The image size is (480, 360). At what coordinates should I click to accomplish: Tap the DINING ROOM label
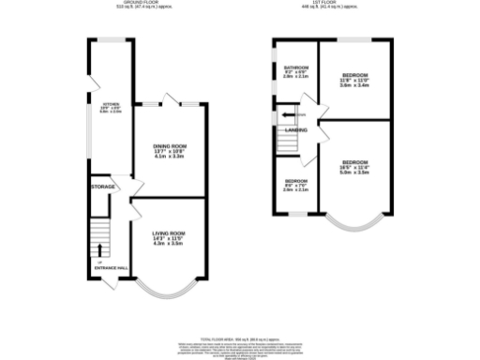point(168,146)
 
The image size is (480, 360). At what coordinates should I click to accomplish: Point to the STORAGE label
point(103,187)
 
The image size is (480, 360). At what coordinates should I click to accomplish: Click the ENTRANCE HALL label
point(112,269)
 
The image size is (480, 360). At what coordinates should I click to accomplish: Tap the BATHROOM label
point(297,67)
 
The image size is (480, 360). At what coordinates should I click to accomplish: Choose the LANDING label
point(297,129)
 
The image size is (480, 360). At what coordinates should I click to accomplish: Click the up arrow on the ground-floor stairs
point(99,248)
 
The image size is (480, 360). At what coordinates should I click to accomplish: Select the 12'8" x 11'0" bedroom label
point(354,81)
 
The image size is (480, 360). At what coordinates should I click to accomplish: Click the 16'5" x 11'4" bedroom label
point(354,166)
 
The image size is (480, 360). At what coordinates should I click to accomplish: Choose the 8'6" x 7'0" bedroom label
point(295,186)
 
